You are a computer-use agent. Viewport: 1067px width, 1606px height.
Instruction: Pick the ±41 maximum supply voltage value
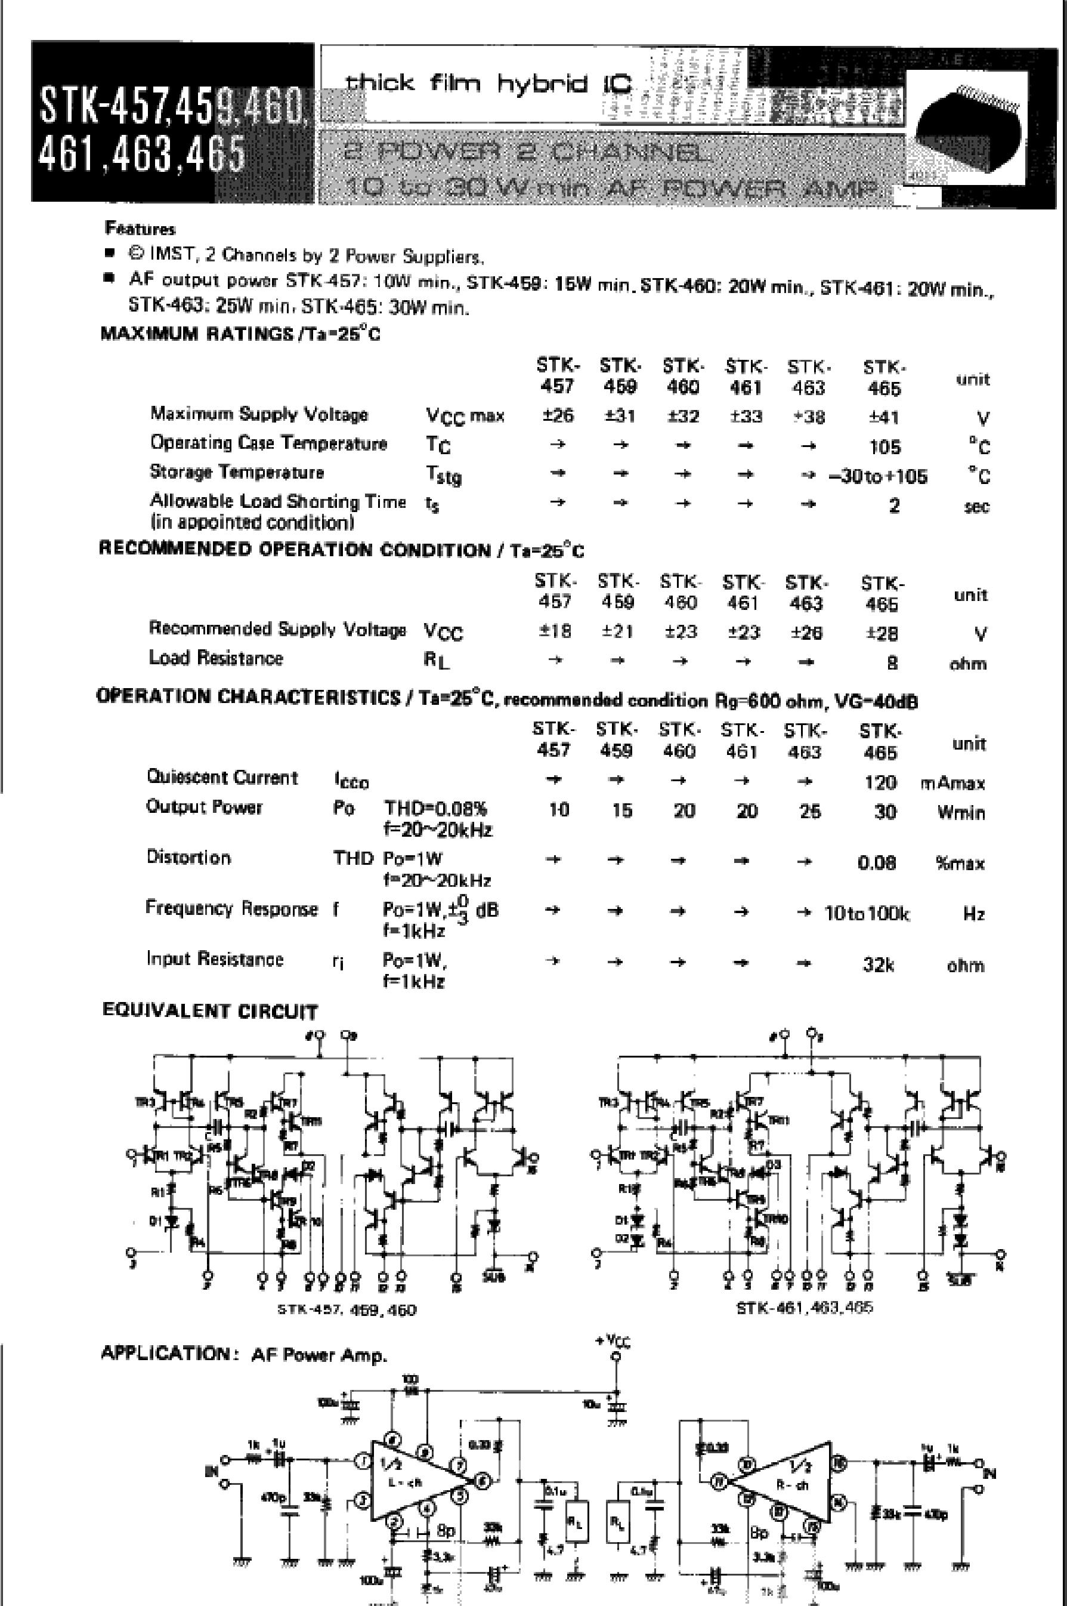click(884, 417)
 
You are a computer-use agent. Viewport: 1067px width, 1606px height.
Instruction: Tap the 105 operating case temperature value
click(884, 446)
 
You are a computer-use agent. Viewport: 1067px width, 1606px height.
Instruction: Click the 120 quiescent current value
click(880, 782)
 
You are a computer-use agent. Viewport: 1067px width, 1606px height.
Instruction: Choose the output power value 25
click(809, 811)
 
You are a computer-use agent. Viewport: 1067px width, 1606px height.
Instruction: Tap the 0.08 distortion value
click(877, 862)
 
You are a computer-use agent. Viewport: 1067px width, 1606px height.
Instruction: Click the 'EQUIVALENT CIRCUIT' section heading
click(209, 1011)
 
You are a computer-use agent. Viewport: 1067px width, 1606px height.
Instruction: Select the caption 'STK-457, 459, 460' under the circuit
click(347, 1309)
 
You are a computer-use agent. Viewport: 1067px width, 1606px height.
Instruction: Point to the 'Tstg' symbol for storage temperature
click(443, 475)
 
